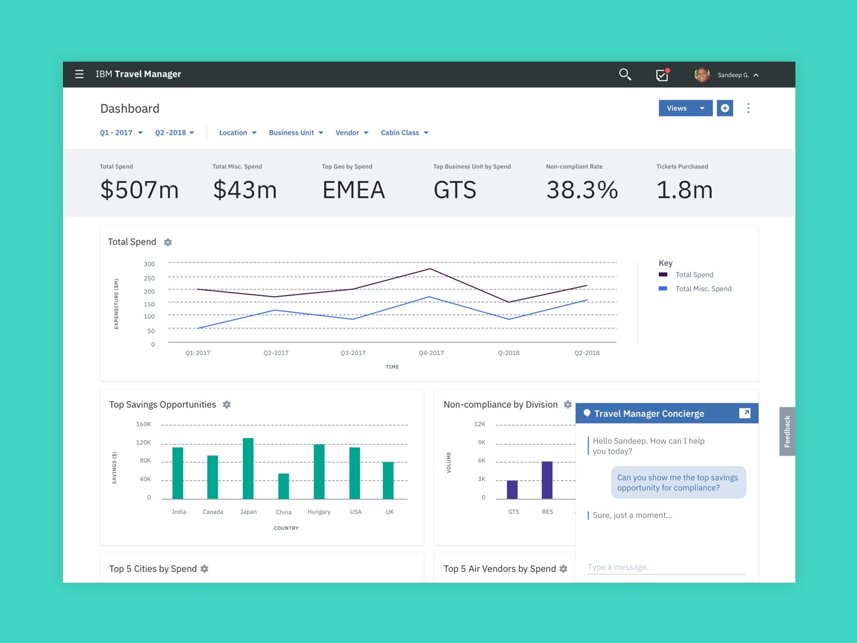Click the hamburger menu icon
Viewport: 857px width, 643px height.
(80, 74)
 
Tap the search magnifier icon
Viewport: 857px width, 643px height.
(625, 74)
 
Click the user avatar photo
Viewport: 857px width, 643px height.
(702, 75)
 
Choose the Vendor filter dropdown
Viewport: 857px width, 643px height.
(352, 133)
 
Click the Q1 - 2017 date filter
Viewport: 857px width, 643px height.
(121, 133)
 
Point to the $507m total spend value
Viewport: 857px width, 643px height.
(139, 190)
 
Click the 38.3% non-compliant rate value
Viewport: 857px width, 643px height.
(582, 190)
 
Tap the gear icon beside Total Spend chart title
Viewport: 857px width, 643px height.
(168, 242)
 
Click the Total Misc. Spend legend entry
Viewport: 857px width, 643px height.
(703, 289)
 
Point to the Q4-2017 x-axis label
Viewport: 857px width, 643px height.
(431, 353)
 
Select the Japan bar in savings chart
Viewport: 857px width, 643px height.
(248, 468)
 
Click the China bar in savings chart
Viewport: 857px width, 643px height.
(284, 486)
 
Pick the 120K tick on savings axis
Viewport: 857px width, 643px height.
(143, 443)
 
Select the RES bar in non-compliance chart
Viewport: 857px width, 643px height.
(547, 480)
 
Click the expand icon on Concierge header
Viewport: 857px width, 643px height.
(745, 413)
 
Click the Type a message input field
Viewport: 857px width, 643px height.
(666, 567)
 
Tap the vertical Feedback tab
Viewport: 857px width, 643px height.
(787, 431)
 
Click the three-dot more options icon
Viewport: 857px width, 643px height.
(749, 109)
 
